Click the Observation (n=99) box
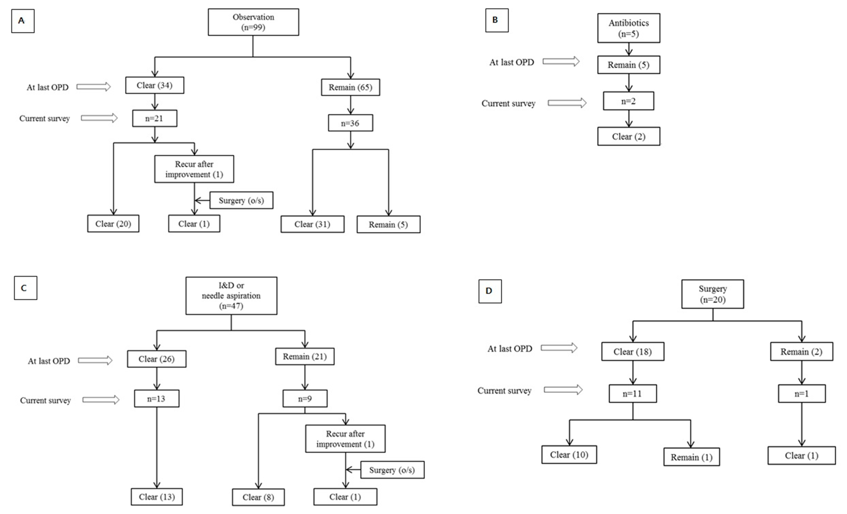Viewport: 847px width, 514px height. pyautogui.click(x=253, y=22)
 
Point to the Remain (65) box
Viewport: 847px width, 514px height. pyautogui.click(x=350, y=87)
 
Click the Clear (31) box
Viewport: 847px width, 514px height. pyautogui.click(x=312, y=224)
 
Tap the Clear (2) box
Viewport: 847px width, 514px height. pyautogui.click(x=628, y=137)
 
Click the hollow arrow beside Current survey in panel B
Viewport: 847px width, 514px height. pyautogui.click(x=567, y=103)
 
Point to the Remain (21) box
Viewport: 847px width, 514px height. pyautogui.click(x=304, y=356)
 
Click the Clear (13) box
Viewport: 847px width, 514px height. pyautogui.click(x=157, y=497)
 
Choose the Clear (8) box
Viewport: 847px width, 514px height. pyautogui.click(x=258, y=497)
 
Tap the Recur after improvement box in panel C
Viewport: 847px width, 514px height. pyautogui.click(x=345, y=439)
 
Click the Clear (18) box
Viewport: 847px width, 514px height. pyautogui.click(x=633, y=352)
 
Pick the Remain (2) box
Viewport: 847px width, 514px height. pyautogui.click(x=801, y=352)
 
